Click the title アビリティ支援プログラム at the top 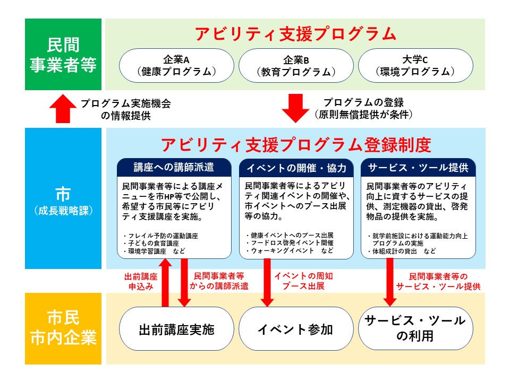[295, 34]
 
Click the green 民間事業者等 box [63, 55]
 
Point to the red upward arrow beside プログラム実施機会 [63, 108]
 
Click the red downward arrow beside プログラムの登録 [295, 108]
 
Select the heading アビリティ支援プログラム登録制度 [295, 145]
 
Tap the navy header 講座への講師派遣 [174, 168]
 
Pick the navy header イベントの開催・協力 [296, 168]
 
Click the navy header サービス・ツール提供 [418, 168]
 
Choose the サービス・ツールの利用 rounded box [415, 329]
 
